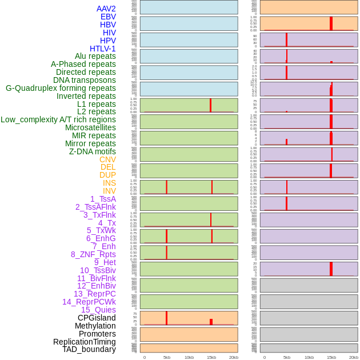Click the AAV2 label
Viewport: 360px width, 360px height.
pos(106,9)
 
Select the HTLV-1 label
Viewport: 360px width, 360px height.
pos(102,49)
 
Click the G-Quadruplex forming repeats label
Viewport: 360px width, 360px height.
pos(61,88)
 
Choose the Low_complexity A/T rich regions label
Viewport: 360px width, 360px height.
pos(58,119)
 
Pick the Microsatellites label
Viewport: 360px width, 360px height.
pos(90,127)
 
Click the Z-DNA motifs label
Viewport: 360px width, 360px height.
pos(92,151)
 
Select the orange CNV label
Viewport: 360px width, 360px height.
pos(107,159)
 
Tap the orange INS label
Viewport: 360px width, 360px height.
pos(109,183)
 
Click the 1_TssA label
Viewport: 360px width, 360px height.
pos(103,199)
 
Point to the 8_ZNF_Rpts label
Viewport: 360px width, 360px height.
pos(93,254)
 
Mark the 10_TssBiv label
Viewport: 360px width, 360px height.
pos(98,270)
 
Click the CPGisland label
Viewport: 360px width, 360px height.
pos(97,318)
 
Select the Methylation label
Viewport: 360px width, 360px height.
pos(95,326)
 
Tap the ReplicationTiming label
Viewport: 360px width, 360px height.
pos(84,342)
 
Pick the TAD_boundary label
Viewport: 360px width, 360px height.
pos(89,349)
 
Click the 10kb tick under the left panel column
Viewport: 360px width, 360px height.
pos(189,357)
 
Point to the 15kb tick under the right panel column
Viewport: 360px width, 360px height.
pos(331,357)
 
